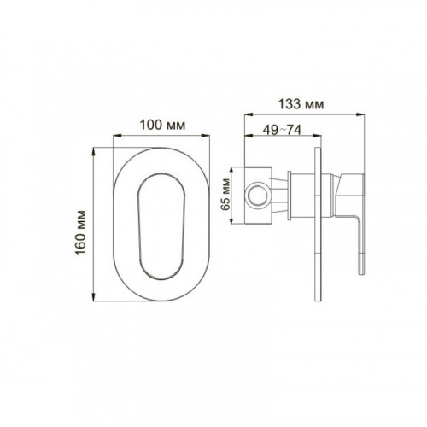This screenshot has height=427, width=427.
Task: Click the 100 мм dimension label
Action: (x=162, y=125)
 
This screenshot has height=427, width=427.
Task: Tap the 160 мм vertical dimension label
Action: (x=81, y=233)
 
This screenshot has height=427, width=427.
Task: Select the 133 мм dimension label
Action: (x=301, y=104)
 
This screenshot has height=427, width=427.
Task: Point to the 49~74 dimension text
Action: (x=282, y=130)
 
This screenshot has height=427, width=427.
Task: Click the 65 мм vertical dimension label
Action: (x=225, y=195)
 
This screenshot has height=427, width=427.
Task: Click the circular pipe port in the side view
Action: (x=257, y=195)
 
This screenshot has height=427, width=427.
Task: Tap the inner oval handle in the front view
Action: (x=161, y=226)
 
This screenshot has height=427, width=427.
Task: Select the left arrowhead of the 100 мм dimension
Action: (x=117, y=136)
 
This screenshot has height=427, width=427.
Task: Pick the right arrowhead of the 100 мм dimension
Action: (x=206, y=136)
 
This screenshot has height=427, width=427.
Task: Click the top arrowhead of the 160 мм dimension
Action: (x=94, y=152)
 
